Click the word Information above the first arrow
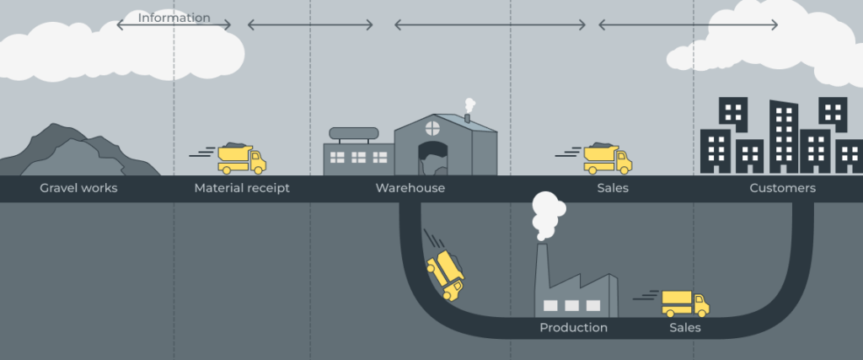point(174,18)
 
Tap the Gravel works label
point(78,188)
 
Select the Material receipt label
point(242,188)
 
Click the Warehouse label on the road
point(410,188)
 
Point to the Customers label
point(782,188)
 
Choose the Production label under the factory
point(573,327)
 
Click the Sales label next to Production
point(684,327)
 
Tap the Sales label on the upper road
point(613,188)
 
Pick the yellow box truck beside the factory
point(684,303)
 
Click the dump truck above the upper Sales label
point(607,159)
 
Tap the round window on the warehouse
point(432,127)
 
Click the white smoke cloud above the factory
point(548,211)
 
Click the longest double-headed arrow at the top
point(490,25)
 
